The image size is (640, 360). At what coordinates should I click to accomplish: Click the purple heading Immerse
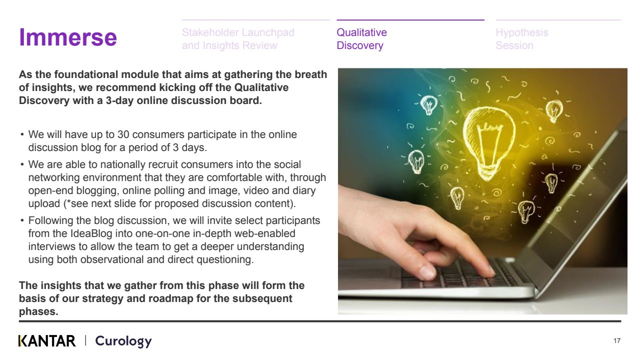pyautogui.click(x=68, y=37)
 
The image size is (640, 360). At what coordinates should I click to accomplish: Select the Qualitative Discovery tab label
pyautogui.click(x=361, y=39)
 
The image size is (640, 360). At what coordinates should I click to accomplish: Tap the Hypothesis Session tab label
pyautogui.click(x=521, y=39)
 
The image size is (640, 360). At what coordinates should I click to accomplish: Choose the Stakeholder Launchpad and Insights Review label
pyautogui.click(x=238, y=39)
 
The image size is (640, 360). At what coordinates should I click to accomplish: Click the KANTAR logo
pyautogui.click(x=47, y=341)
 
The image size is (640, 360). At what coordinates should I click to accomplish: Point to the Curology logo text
pyautogui.click(x=123, y=341)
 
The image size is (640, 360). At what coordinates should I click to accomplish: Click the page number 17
pyautogui.click(x=617, y=340)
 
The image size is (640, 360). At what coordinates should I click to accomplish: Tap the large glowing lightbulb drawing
pyautogui.click(x=488, y=143)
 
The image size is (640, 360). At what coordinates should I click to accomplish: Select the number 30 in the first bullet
pyautogui.click(x=123, y=134)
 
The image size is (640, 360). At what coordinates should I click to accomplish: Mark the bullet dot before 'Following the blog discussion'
pyautogui.click(x=22, y=220)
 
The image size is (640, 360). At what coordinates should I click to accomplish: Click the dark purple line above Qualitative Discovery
pyautogui.click(x=410, y=20)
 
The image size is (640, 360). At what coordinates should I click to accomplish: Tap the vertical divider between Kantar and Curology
pyautogui.click(x=85, y=340)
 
